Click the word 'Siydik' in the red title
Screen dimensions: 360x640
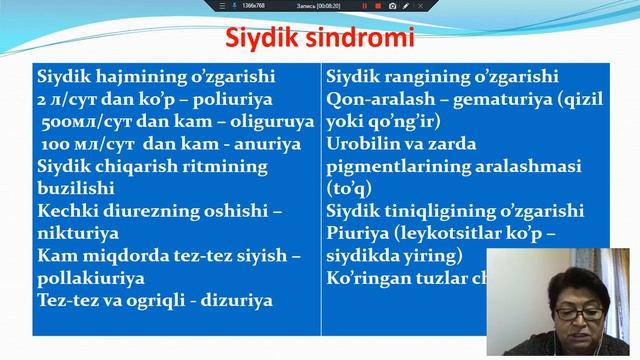coord(261,41)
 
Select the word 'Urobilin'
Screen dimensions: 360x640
coord(365,144)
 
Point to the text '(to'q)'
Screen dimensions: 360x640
coord(349,188)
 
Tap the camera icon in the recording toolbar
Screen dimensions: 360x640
coord(392,6)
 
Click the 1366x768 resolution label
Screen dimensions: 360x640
coord(254,6)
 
